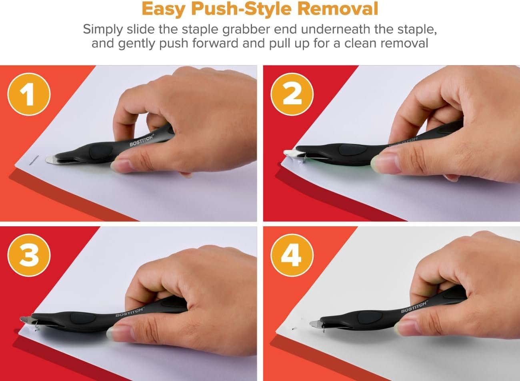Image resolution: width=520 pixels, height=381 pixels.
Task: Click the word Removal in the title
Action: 338,9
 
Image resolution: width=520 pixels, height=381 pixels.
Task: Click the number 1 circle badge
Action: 29,94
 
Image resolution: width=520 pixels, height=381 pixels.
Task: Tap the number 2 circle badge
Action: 292,94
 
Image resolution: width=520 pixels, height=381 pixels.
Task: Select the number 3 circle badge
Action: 29,255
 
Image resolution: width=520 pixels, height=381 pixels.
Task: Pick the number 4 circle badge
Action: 292,255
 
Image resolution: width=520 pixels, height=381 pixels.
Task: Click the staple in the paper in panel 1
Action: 34,160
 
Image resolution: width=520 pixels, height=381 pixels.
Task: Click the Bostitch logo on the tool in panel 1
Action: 142,140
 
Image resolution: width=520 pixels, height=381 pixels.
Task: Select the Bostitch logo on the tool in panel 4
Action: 414,307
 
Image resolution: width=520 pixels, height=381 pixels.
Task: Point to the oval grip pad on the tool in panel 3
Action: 83,318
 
